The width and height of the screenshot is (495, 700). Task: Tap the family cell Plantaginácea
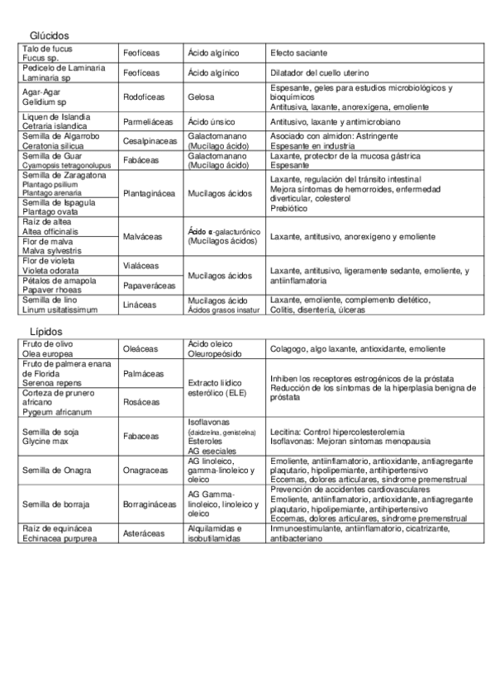tap(150, 194)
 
